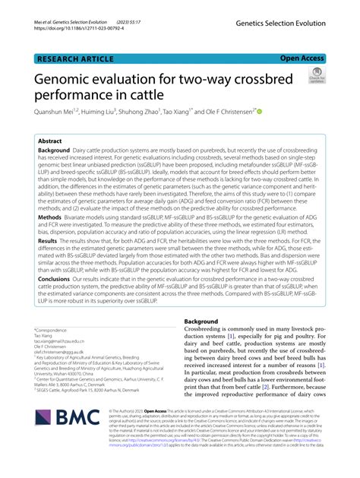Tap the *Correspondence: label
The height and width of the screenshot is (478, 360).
point(51,331)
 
